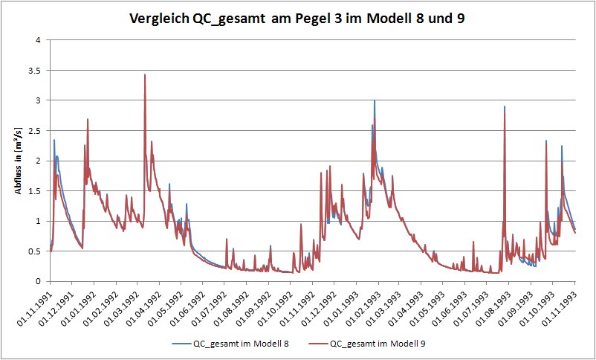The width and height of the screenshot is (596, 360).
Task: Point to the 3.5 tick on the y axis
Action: coord(34,70)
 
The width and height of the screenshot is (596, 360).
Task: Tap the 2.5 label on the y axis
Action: coord(34,130)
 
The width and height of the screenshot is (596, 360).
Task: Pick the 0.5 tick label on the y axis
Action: coord(34,251)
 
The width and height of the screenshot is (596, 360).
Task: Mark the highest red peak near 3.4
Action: coord(144,75)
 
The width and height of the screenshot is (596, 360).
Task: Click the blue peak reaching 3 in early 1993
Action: coord(375,101)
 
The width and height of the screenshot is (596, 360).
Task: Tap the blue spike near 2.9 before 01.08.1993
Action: coord(505,107)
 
